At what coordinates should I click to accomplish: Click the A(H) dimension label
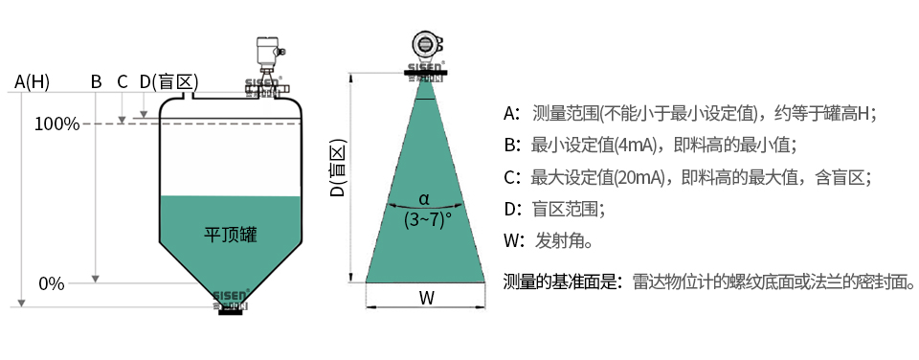coord(33,81)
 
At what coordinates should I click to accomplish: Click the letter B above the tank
coord(96,81)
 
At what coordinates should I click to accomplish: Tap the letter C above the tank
coord(122,81)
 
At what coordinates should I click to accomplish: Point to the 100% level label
coord(56,124)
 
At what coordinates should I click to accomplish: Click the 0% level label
coord(52,283)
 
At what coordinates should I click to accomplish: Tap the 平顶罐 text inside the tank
coord(231,235)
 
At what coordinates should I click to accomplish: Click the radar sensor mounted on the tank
coord(265,62)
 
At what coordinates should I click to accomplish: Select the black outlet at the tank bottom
coord(230,309)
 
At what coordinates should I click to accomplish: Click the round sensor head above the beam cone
coord(426,44)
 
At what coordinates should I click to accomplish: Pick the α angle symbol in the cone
coord(424,200)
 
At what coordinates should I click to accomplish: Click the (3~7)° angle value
coord(426,219)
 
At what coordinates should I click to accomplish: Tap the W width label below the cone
coord(426,297)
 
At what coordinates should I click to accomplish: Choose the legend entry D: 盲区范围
coord(554,209)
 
